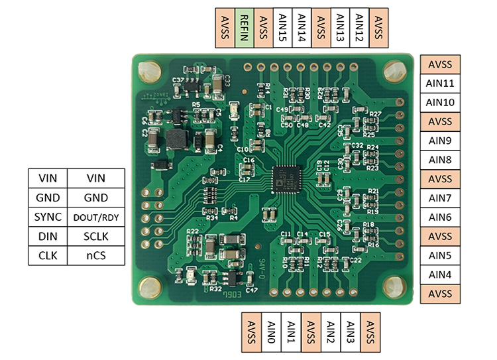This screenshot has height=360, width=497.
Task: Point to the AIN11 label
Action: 440,84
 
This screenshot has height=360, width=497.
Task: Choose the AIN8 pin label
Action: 440,160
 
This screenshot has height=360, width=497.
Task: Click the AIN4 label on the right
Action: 440,274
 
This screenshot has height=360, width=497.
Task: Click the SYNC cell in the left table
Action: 48,217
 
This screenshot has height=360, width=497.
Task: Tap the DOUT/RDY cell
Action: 96,217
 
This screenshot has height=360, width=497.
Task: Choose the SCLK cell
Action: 96,236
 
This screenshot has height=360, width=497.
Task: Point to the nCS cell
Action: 96,255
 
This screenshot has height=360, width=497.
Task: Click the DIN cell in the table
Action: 48,236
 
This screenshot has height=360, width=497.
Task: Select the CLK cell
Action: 48,255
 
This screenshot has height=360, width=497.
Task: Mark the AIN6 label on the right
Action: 440,217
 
